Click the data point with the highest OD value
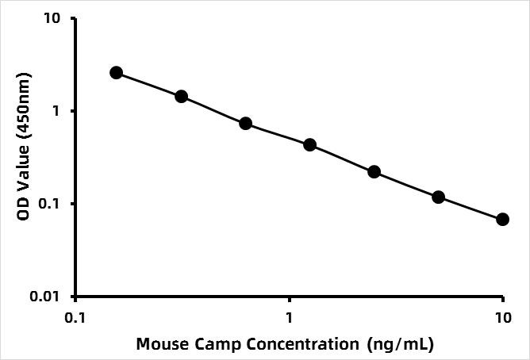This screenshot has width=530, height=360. point(117,73)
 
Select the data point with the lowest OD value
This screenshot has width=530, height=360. point(503,219)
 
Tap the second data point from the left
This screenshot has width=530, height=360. point(181,97)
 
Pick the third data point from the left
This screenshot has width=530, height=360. point(245,124)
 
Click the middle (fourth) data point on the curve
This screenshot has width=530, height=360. point(310,145)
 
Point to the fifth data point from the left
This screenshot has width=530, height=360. point(374,172)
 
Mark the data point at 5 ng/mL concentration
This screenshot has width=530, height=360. point(439,197)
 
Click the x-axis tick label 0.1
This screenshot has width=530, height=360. point(75,316)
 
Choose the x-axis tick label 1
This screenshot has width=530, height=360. point(289,316)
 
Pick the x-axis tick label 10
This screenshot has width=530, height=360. point(503,316)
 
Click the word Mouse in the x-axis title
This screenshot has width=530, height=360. point(160,344)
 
